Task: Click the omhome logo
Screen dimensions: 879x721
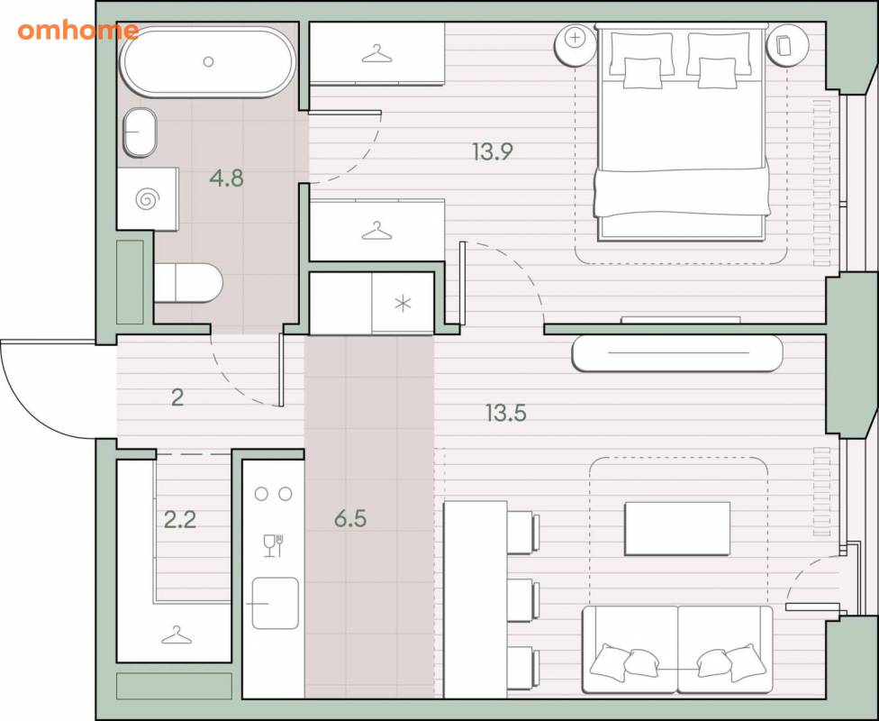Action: pos(78,31)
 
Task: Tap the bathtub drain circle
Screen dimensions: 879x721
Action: pos(209,61)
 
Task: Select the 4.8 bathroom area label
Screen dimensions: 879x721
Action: pos(226,178)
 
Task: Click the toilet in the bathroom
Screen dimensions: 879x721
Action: pos(188,283)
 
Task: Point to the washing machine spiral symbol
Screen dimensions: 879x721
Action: pos(148,199)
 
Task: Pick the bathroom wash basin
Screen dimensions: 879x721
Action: pos(140,132)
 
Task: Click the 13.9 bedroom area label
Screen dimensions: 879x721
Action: pos(493,151)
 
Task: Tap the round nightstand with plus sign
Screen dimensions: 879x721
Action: pos(575,45)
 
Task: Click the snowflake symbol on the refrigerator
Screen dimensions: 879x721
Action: pos(403,304)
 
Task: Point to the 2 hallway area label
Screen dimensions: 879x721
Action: pos(177,397)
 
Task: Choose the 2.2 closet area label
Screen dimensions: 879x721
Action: pos(180,520)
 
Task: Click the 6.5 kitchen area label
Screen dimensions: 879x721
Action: pos(350,519)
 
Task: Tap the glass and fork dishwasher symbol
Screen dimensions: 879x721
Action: pos(274,545)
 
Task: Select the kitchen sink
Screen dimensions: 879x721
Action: pos(275,603)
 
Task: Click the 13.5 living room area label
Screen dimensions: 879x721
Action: pos(506,414)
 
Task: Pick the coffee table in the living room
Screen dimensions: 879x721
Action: pos(677,529)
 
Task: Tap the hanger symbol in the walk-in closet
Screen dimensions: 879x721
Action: pos(177,635)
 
